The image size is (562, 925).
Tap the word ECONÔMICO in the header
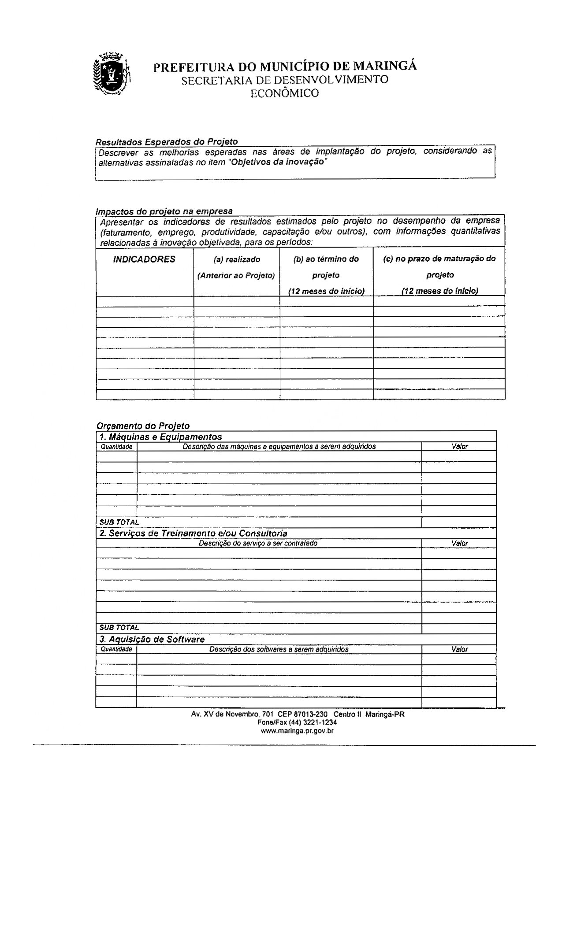pyautogui.click(x=284, y=93)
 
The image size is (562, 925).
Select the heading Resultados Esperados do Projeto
pyautogui.click(x=167, y=142)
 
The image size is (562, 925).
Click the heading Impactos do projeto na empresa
pyautogui.click(x=164, y=211)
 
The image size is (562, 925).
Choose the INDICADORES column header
pyautogui.click(x=144, y=259)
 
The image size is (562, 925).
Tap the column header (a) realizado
pyautogui.click(x=236, y=259)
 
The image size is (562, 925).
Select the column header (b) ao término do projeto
pyautogui.click(x=326, y=259)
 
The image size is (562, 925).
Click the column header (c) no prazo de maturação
pyautogui.click(x=439, y=259)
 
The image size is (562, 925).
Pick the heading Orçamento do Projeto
pyautogui.click(x=143, y=426)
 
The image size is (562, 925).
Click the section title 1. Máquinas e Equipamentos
pyautogui.click(x=160, y=437)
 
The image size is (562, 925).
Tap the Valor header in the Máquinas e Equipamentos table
pyautogui.click(x=459, y=447)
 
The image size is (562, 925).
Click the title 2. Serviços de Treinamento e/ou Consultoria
pyautogui.click(x=194, y=533)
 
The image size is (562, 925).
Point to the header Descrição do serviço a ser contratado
pyautogui.click(x=258, y=544)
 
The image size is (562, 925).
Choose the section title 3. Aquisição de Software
pyautogui.click(x=152, y=639)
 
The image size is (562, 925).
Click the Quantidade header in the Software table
pyautogui.click(x=116, y=649)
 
